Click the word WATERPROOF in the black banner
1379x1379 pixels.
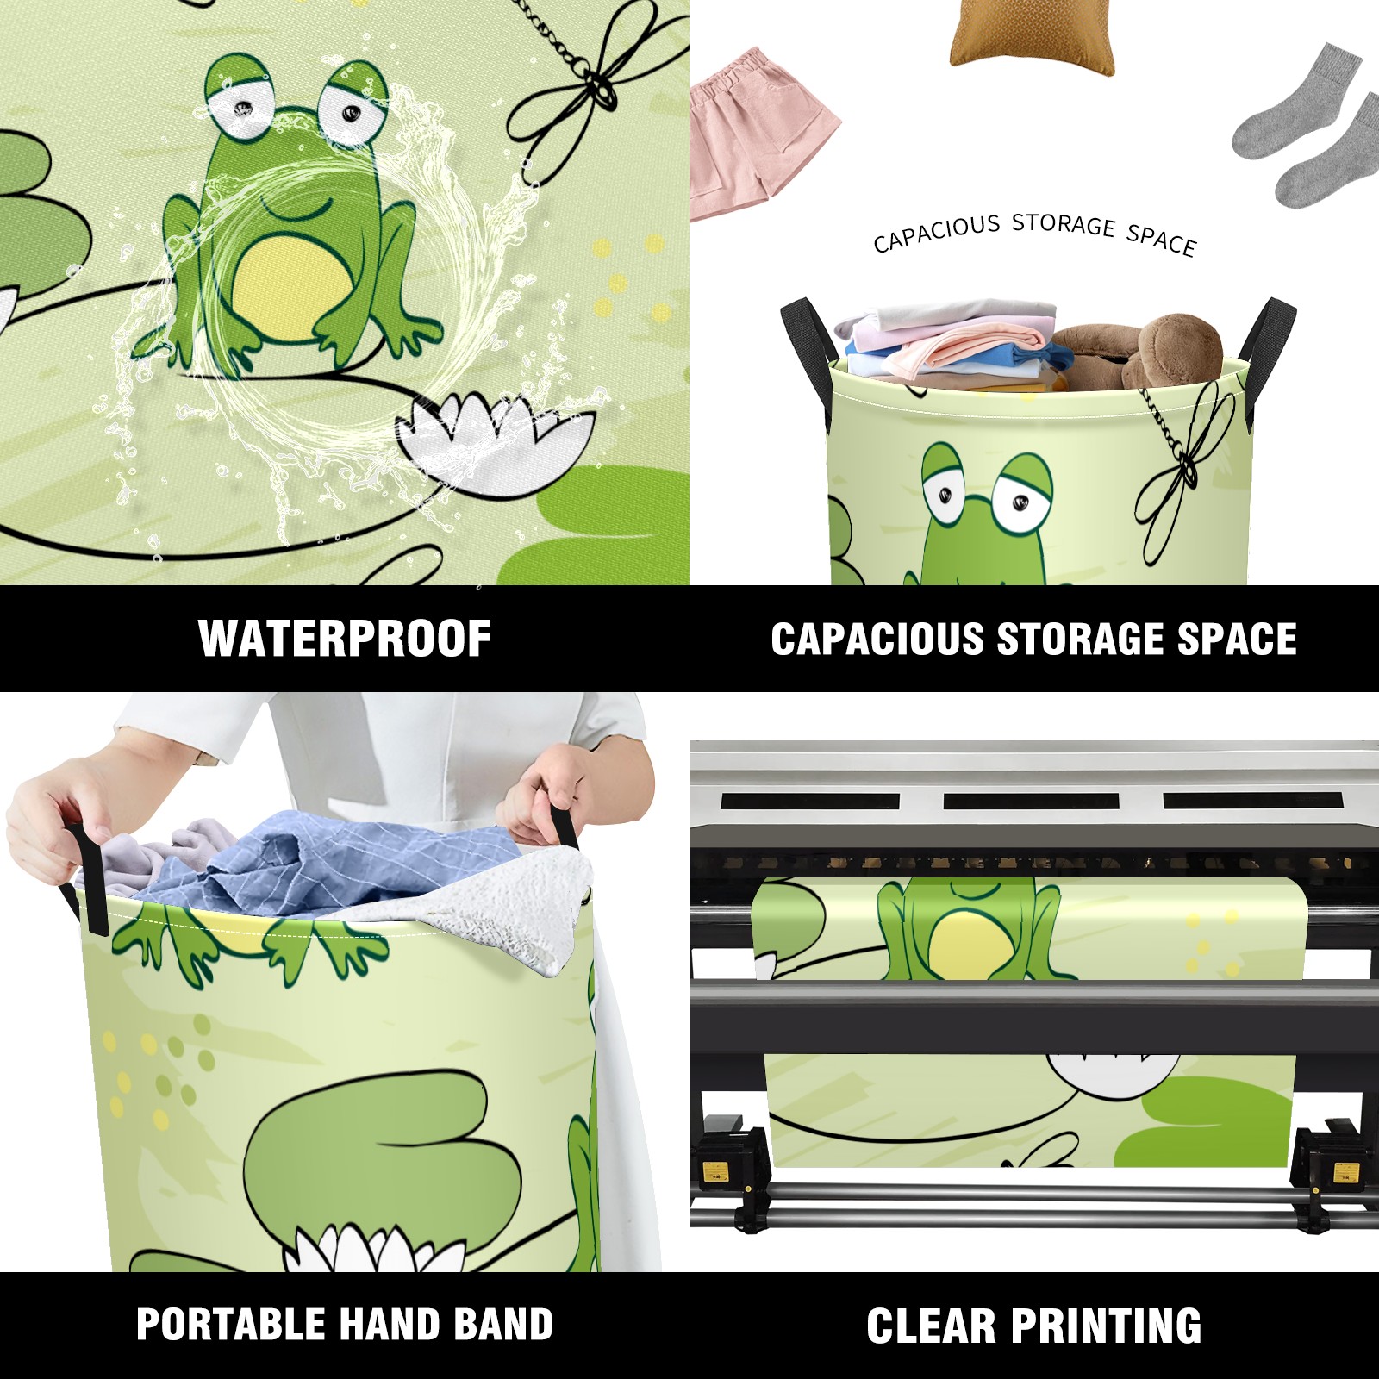345,639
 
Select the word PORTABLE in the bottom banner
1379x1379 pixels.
228,1325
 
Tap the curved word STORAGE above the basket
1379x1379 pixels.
1064,225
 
